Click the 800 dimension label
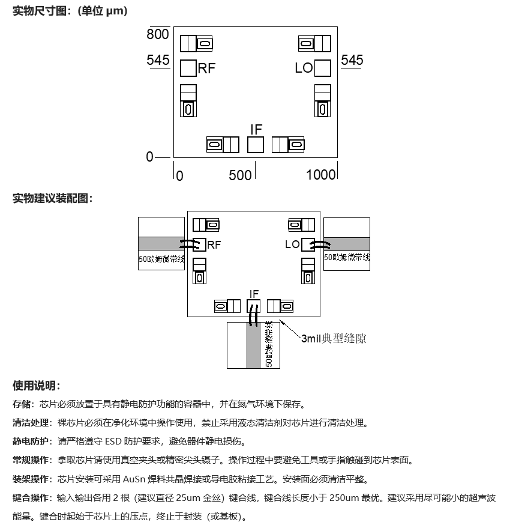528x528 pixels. click(x=158, y=34)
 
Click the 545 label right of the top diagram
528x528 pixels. click(x=352, y=60)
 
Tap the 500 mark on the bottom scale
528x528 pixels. click(x=240, y=175)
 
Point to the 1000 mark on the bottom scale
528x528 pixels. click(x=320, y=175)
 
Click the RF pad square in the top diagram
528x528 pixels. click(x=188, y=68)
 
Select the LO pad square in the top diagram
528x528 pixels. click(x=323, y=68)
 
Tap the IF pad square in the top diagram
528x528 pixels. click(x=256, y=145)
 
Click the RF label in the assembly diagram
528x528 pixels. click(x=214, y=245)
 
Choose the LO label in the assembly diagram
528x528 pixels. click(x=292, y=244)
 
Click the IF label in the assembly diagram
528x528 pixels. click(x=254, y=294)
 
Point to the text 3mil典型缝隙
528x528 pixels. click(x=334, y=338)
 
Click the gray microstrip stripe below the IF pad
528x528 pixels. click(x=254, y=345)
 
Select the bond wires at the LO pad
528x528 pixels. click(x=320, y=245)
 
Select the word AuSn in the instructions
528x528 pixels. click(x=134, y=479)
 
